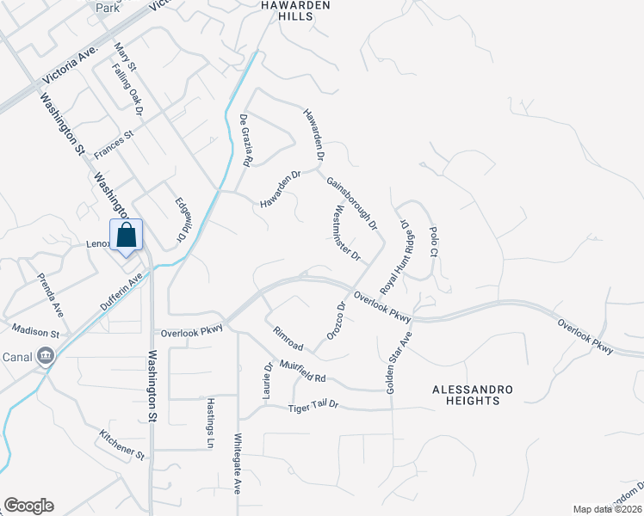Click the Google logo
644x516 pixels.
pyautogui.click(x=28, y=506)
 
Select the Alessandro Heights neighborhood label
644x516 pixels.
pyautogui.click(x=472, y=396)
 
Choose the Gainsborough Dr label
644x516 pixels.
pyautogui.click(x=352, y=204)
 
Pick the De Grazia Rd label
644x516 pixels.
pyautogui.click(x=245, y=140)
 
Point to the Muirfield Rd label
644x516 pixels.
pyautogui.click(x=300, y=372)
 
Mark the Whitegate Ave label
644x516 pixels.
pyautogui.click(x=238, y=464)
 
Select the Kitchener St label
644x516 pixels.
pyautogui.click(x=121, y=445)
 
